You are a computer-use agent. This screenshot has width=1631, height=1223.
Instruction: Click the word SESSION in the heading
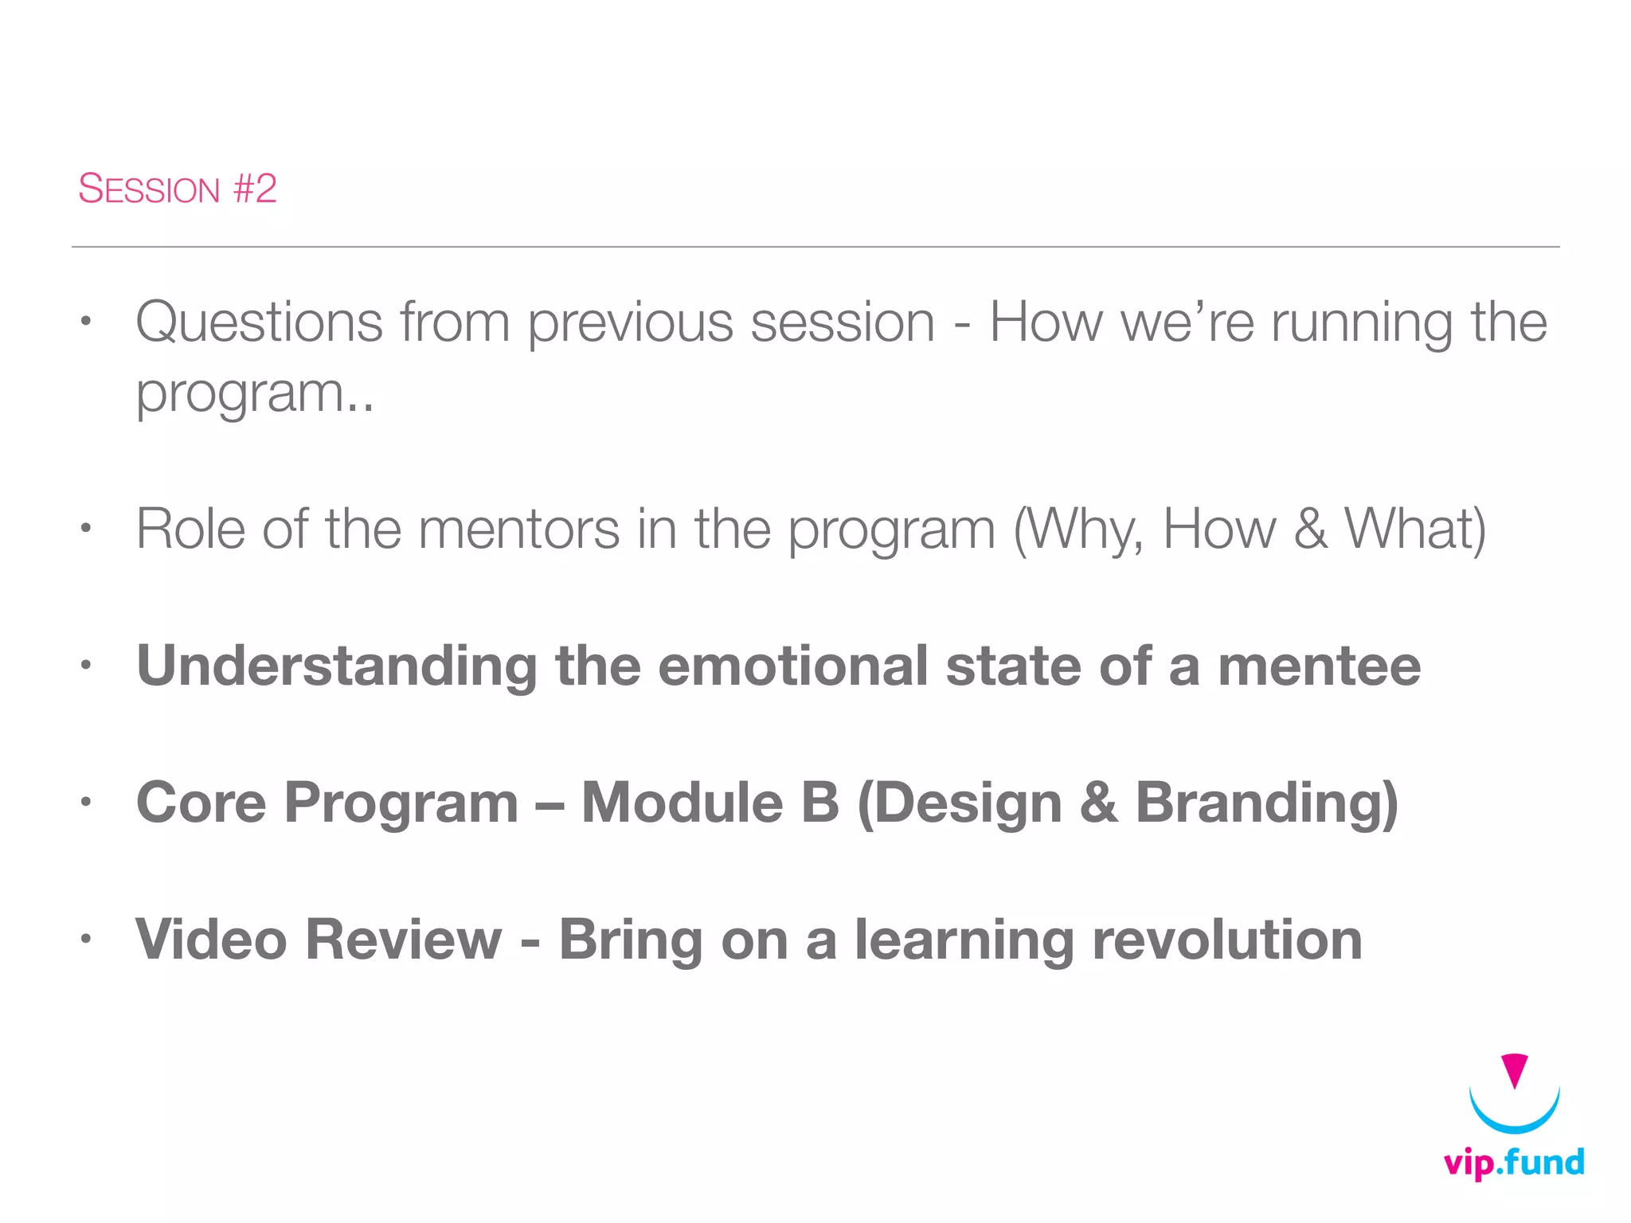[x=149, y=190]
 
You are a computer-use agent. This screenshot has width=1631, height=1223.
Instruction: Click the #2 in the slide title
[x=255, y=189]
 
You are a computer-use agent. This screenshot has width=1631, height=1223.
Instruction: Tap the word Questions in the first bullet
[x=259, y=322]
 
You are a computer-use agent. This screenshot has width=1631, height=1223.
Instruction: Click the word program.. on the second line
[x=254, y=394]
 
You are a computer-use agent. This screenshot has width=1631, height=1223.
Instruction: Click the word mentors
[x=518, y=529]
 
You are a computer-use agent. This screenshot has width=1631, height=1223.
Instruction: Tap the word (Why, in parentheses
[x=1078, y=530]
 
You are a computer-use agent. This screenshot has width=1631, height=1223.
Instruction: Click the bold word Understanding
[x=337, y=667]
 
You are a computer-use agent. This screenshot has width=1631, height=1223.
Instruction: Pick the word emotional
[x=792, y=666]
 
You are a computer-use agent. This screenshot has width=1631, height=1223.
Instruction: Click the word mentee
[x=1319, y=666]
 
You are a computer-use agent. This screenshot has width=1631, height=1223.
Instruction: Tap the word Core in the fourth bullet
[x=201, y=803]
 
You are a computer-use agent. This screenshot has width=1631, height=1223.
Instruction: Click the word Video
[x=211, y=940]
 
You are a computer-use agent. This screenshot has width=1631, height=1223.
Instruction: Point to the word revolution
[x=1226, y=940]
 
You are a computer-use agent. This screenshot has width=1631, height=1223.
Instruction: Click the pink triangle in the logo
[x=1513, y=1069]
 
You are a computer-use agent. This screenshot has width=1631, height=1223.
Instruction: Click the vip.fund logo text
[x=1513, y=1163]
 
